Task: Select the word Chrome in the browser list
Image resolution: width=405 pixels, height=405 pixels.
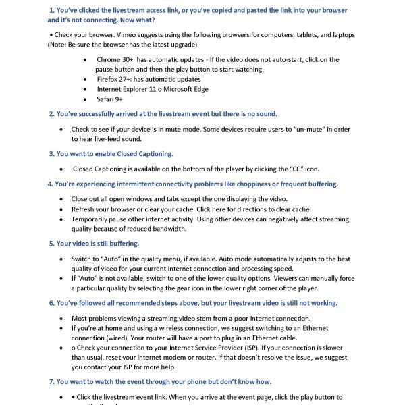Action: pos(109,60)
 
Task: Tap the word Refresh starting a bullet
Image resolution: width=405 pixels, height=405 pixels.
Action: pos(84,209)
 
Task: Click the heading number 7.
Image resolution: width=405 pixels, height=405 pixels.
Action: pos(51,382)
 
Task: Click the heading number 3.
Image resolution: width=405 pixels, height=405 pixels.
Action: pos(51,154)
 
